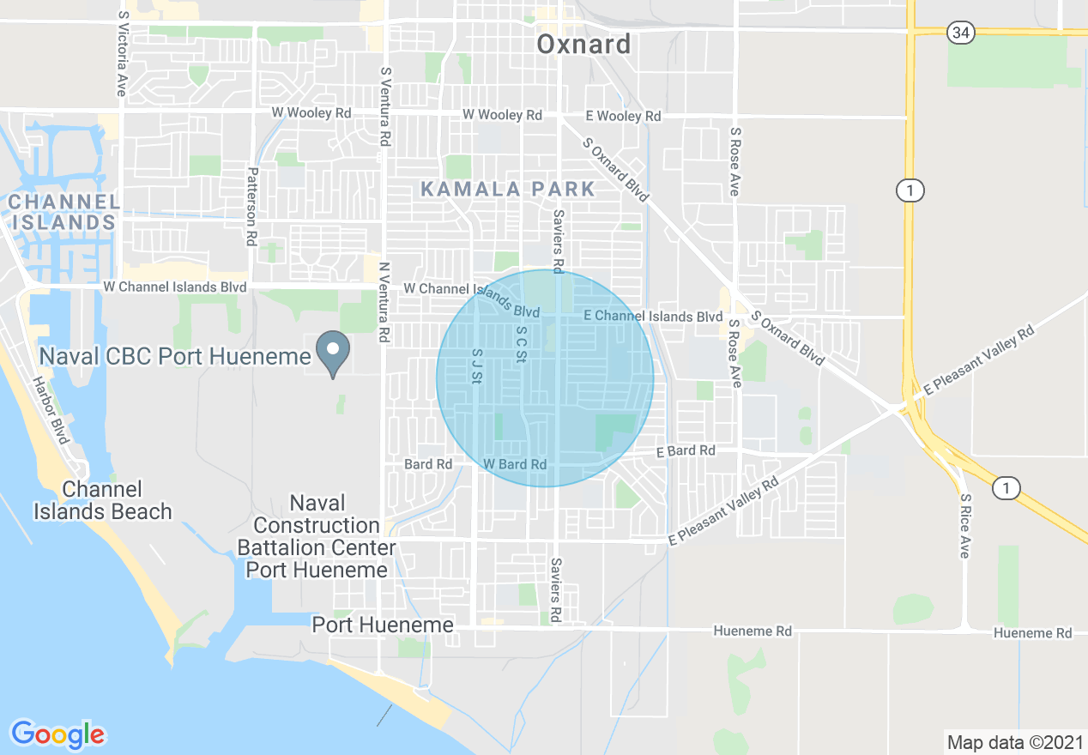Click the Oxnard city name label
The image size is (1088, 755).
coord(583,45)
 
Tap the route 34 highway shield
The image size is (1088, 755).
coord(960,33)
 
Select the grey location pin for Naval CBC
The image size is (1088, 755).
coord(334,353)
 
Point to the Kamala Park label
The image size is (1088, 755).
coord(508,190)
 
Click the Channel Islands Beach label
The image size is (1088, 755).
coord(103,501)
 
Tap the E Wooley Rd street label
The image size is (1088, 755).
coord(623,116)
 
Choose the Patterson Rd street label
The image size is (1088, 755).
coord(251,207)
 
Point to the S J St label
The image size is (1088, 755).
coord(478,365)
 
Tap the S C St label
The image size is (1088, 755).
coord(520,343)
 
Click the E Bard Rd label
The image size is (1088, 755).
coord(686,450)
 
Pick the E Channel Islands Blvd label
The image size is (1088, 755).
coord(653,317)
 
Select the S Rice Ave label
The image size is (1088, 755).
coord(965,526)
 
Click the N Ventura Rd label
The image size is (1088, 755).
coord(385,302)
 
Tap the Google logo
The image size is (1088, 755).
coord(57,734)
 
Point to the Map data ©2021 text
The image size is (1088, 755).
coord(1014,742)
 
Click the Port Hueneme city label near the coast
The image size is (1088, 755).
coord(383,625)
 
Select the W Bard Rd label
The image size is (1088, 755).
coord(515,464)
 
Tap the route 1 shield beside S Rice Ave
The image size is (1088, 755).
coord(1006,488)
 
